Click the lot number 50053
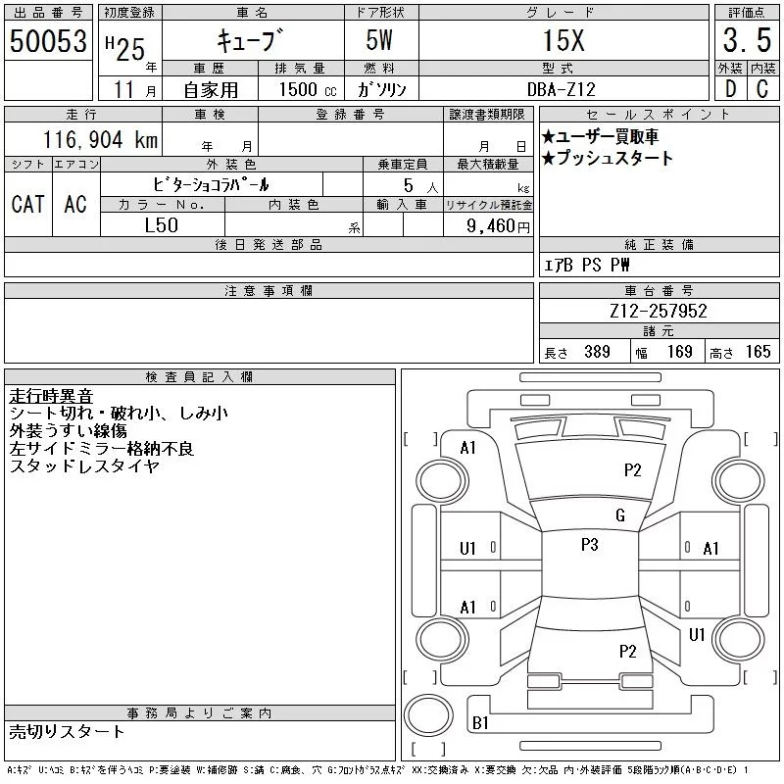[47, 40]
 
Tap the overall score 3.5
[744, 40]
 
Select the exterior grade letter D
[728, 89]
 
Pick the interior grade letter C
[761, 89]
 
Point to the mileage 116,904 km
[99, 140]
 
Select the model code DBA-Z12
[563, 89]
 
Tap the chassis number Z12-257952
[658, 312]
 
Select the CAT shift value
[27, 204]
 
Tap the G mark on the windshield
[619, 515]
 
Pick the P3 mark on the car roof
[589, 545]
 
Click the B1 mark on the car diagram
[480, 723]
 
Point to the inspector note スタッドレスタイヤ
[83, 466]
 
